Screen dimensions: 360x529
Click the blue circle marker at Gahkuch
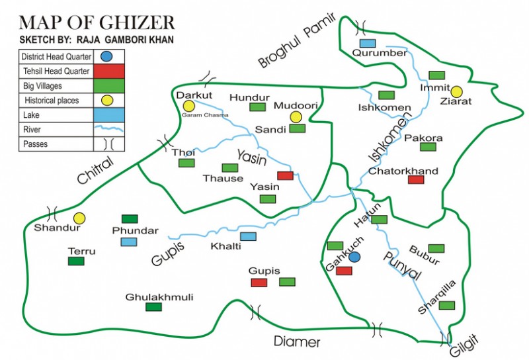click(355, 256)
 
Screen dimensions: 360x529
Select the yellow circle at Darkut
click(189, 106)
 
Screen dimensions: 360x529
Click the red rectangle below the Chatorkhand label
click(416, 179)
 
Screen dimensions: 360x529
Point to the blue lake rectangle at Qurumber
click(368, 44)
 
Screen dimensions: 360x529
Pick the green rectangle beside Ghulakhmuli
click(153, 307)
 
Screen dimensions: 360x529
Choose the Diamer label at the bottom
click(297, 342)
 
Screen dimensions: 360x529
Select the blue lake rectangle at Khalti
click(248, 236)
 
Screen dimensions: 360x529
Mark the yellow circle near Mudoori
click(296, 116)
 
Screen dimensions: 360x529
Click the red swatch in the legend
click(105, 71)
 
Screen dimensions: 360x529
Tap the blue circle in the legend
click(105, 57)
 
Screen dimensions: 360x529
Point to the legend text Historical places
click(52, 101)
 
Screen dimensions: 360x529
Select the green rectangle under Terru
click(76, 261)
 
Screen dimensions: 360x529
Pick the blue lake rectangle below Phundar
click(129, 242)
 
